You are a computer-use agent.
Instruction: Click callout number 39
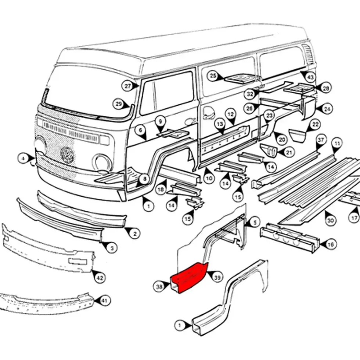click(217, 277)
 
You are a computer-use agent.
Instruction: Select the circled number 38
click(159, 287)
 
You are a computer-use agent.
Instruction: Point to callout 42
click(100, 278)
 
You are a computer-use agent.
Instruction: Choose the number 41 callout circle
click(104, 301)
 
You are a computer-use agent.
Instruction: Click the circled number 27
click(127, 86)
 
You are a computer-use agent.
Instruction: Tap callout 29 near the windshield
click(119, 104)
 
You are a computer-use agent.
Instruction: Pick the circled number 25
click(213, 76)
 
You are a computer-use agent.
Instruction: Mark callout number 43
click(310, 77)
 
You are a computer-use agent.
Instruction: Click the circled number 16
click(330, 244)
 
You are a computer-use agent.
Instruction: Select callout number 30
click(330, 221)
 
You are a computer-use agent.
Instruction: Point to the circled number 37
click(321, 140)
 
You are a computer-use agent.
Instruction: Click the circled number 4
click(24, 159)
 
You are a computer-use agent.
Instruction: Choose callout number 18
click(161, 190)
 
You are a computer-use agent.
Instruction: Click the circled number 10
click(209, 178)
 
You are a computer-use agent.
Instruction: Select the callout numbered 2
click(134, 233)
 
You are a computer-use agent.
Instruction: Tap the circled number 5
click(254, 222)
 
